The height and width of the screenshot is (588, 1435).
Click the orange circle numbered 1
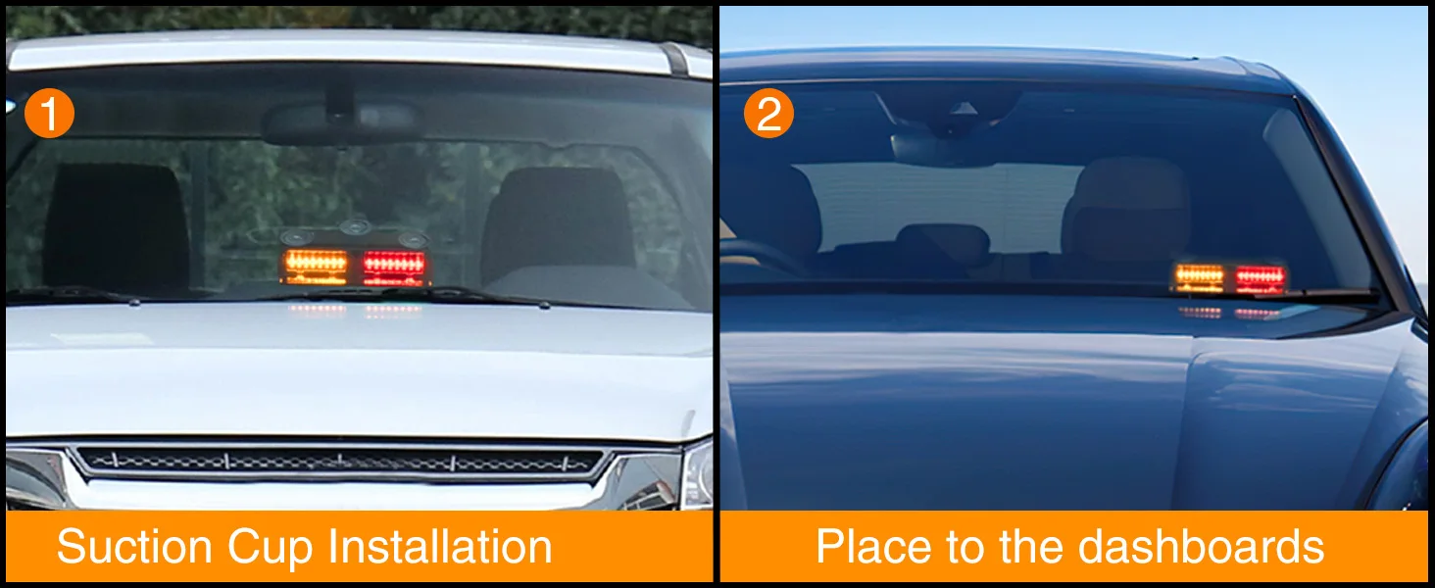click(49, 114)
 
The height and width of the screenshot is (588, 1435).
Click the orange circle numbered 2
click(768, 114)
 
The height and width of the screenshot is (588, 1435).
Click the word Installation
click(440, 547)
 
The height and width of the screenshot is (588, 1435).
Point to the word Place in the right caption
click(873, 547)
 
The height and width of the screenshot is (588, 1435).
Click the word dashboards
click(1201, 547)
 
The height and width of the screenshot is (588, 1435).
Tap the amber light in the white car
click(316, 266)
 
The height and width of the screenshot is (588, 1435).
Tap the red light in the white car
click(394, 268)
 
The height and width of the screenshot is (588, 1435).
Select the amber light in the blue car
click(1199, 278)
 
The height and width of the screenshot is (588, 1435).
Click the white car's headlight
click(697, 475)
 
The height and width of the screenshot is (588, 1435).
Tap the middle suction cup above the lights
click(356, 226)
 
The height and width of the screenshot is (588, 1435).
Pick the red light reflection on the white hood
click(393, 312)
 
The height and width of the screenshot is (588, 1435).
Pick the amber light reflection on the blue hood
click(1200, 313)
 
